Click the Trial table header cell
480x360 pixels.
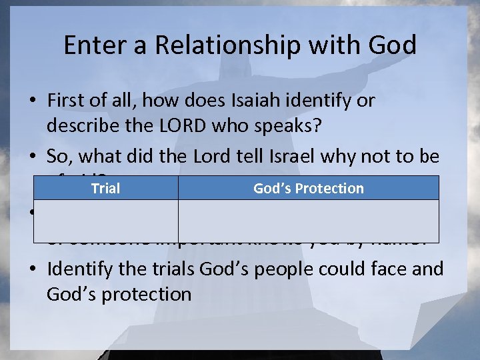[105, 188]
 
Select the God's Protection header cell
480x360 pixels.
[308, 188]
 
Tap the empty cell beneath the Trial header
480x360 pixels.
[105, 221]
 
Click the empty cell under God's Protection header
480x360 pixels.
[308, 221]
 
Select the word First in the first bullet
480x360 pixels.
[65, 101]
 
